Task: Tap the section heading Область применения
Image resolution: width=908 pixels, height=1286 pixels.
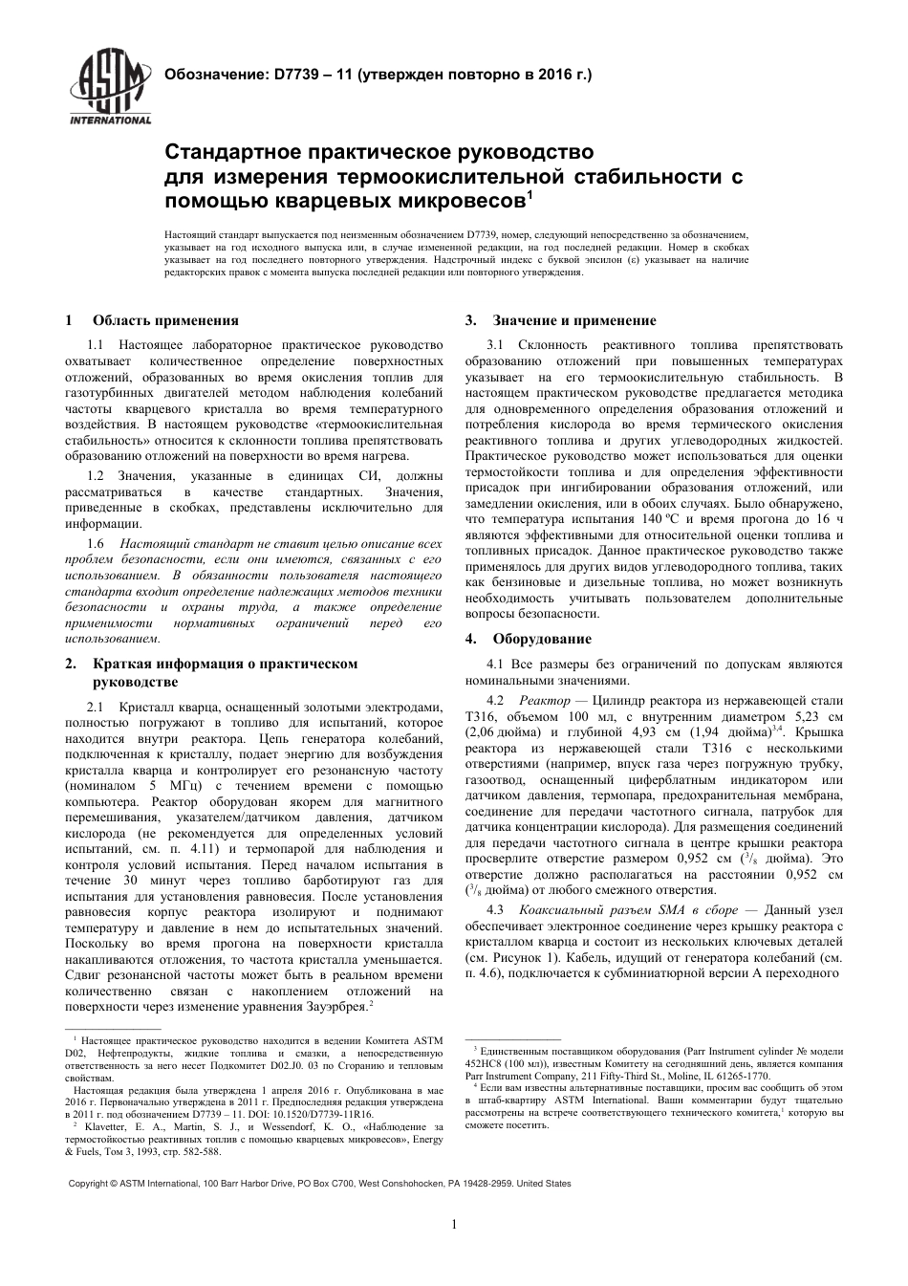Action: tap(165, 320)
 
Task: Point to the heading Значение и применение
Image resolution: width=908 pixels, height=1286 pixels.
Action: tap(573, 320)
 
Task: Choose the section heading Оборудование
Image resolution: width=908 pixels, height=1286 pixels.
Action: tap(541, 639)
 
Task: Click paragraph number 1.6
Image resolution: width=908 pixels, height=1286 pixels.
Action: tap(97, 543)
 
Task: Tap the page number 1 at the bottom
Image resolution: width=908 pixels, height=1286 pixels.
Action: tap(454, 1224)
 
